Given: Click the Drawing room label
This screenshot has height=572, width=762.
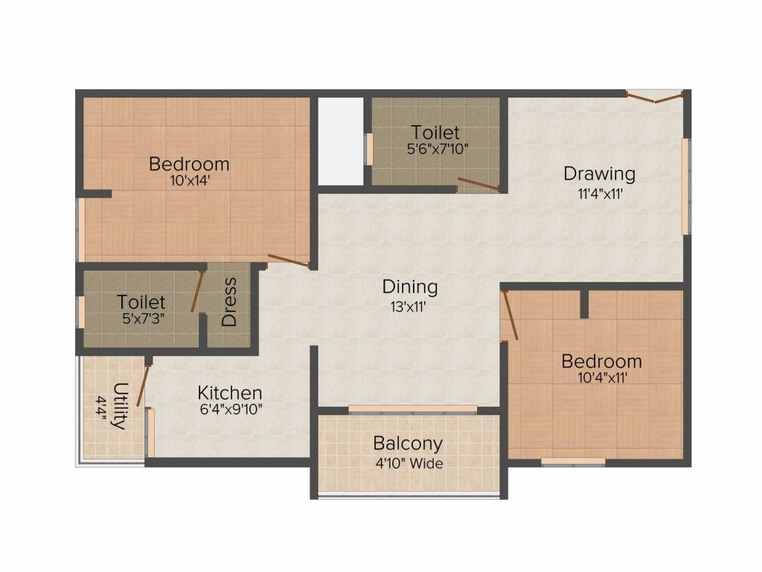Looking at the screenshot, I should [x=599, y=174].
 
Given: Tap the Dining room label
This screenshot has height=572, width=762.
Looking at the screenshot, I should [x=409, y=286].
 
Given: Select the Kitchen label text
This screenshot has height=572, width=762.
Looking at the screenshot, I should [x=229, y=392].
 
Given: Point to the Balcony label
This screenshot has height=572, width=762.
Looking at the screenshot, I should [x=408, y=444].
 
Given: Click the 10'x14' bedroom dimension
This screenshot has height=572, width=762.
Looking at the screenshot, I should [x=189, y=179].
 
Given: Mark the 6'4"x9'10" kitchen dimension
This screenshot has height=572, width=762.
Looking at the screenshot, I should [x=229, y=409].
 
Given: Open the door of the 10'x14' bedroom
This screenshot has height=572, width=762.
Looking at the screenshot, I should [x=289, y=261].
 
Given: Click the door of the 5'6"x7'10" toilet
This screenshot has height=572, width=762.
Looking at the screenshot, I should [x=478, y=184].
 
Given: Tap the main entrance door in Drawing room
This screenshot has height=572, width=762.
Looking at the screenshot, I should [x=655, y=96].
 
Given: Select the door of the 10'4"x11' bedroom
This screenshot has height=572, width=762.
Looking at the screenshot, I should [x=509, y=315].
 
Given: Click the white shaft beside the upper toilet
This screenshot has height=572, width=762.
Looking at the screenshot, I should [x=340, y=141].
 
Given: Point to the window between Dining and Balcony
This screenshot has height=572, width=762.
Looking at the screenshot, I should [x=412, y=409].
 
